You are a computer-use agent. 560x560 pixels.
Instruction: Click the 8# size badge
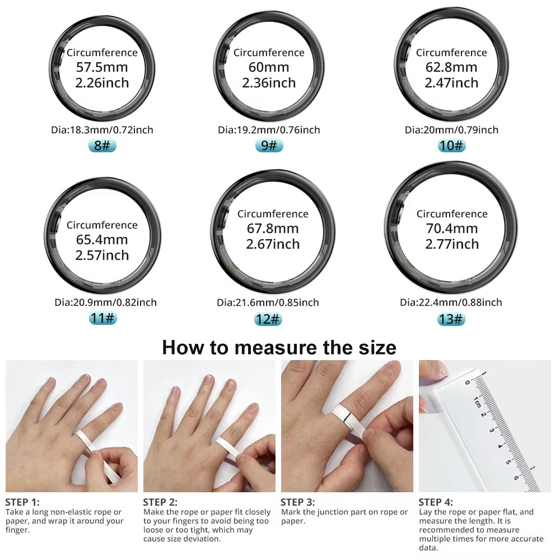[x=102, y=146]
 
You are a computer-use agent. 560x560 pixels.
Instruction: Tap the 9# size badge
[x=269, y=146]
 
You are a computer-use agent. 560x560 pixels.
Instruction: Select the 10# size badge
[x=451, y=146]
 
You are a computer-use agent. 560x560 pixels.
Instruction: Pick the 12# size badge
[x=268, y=319]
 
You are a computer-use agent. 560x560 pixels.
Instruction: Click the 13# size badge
[x=451, y=319]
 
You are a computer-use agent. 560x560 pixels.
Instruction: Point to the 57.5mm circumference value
[x=102, y=68]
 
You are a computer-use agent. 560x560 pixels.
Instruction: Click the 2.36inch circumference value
[x=269, y=83]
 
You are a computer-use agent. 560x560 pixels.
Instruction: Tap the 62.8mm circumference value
[x=451, y=68]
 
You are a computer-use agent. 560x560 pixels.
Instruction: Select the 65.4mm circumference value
[x=102, y=240]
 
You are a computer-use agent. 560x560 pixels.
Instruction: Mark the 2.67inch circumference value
[x=273, y=244]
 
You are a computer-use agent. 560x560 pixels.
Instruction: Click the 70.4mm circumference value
[x=451, y=228]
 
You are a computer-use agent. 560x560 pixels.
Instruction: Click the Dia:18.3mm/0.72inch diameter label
[x=102, y=130]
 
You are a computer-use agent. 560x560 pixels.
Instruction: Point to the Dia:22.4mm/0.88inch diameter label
[x=451, y=302]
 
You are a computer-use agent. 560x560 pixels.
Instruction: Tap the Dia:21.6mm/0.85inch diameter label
[x=268, y=302]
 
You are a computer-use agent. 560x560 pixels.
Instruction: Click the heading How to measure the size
[x=279, y=347]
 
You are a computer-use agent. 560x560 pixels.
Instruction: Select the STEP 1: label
[x=22, y=502]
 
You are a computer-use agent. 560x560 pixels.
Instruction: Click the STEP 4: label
[x=436, y=502]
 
